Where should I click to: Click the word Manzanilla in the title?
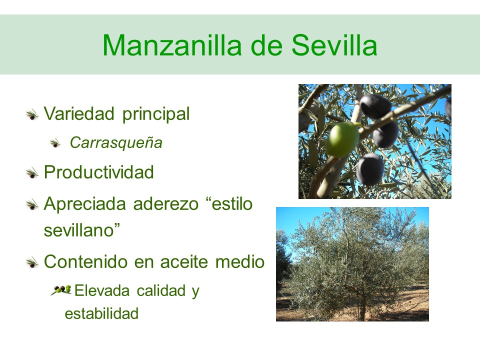[172, 45]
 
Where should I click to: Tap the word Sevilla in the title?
[334, 45]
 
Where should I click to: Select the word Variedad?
[79, 113]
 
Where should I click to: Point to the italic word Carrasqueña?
[116, 143]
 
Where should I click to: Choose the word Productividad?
[99, 172]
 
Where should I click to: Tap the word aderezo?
[166, 204]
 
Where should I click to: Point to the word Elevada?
[102, 290]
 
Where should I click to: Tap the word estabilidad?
[101, 314]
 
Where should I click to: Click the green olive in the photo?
[342, 139]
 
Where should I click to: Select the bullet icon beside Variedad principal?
[32, 115]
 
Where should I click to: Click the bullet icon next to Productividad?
[32, 173]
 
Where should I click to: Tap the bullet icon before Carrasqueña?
[55, 143]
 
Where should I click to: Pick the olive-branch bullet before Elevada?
[61, 290]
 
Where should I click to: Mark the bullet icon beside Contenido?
[32, 263]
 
